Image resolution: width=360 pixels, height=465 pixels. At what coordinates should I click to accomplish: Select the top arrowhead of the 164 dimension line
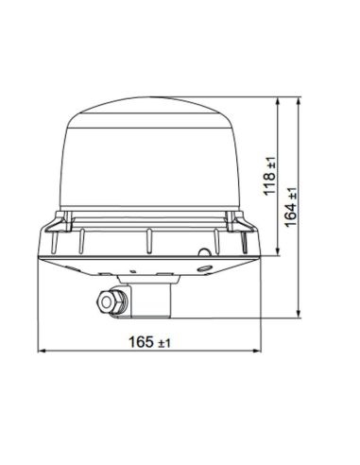point(300,99)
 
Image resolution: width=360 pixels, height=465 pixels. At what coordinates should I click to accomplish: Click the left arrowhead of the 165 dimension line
point(40,353)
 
